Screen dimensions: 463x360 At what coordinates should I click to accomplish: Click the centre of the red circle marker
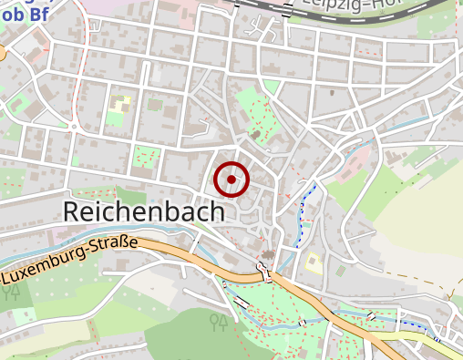coord(231,179)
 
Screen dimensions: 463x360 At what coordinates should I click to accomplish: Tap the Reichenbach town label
coord(143,211)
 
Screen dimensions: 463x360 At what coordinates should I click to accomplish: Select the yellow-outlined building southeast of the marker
coord(313,263)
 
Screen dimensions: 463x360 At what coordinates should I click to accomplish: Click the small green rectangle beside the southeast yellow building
coord(339,271)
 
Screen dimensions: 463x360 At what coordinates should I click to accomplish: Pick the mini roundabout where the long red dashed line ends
coord(71,125)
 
